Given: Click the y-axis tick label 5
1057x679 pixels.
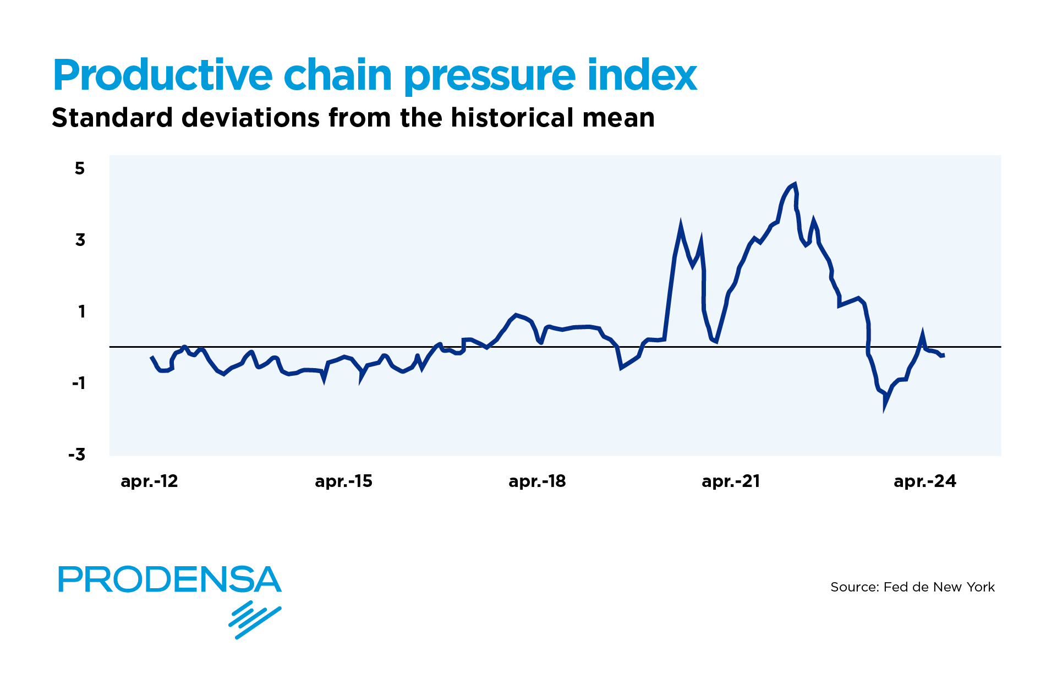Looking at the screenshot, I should [x=80, y=168].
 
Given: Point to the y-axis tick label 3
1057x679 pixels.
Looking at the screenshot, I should [x=80, y=240].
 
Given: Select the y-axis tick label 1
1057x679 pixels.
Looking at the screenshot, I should [x=82, y=312].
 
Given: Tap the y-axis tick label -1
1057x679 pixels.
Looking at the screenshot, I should [x=79, y=383].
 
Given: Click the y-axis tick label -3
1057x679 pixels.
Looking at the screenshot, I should [x=77, y=455].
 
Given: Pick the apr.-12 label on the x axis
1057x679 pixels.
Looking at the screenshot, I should [x=149, y=481].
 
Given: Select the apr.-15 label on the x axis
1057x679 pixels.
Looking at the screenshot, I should [x=343, y=481].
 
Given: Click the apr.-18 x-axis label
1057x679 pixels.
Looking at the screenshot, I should [x=537, y=481].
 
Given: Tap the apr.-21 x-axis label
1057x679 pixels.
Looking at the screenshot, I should [x=731, y=481].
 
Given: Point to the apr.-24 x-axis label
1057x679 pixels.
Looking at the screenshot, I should [x=925, y=481].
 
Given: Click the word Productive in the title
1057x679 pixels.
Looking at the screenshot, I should [x=163, y=75].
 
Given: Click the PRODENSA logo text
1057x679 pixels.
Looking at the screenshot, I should [x=169, y=579].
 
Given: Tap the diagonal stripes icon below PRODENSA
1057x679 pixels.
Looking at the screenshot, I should [x=255, y=620].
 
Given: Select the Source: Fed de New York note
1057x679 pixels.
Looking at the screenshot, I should [x=912, y=587].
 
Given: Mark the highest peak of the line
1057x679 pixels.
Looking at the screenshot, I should [x=795, y=185].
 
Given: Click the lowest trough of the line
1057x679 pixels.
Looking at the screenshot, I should [x=885, y=408].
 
